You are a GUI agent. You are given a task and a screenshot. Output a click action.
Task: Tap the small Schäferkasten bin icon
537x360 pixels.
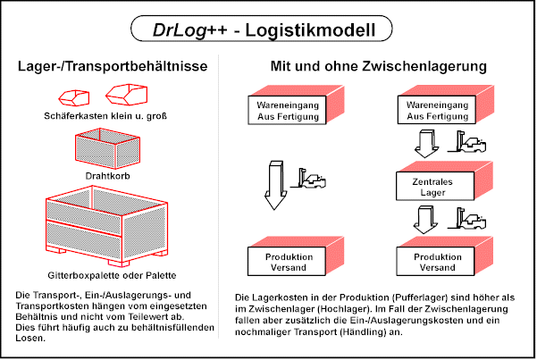pos(72,95)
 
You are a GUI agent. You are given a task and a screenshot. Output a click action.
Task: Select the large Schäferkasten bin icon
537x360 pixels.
pos(125,93)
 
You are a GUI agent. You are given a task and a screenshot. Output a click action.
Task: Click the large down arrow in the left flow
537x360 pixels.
pos(275,183)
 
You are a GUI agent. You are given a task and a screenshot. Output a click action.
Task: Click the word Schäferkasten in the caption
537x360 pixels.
pos(72,115)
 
